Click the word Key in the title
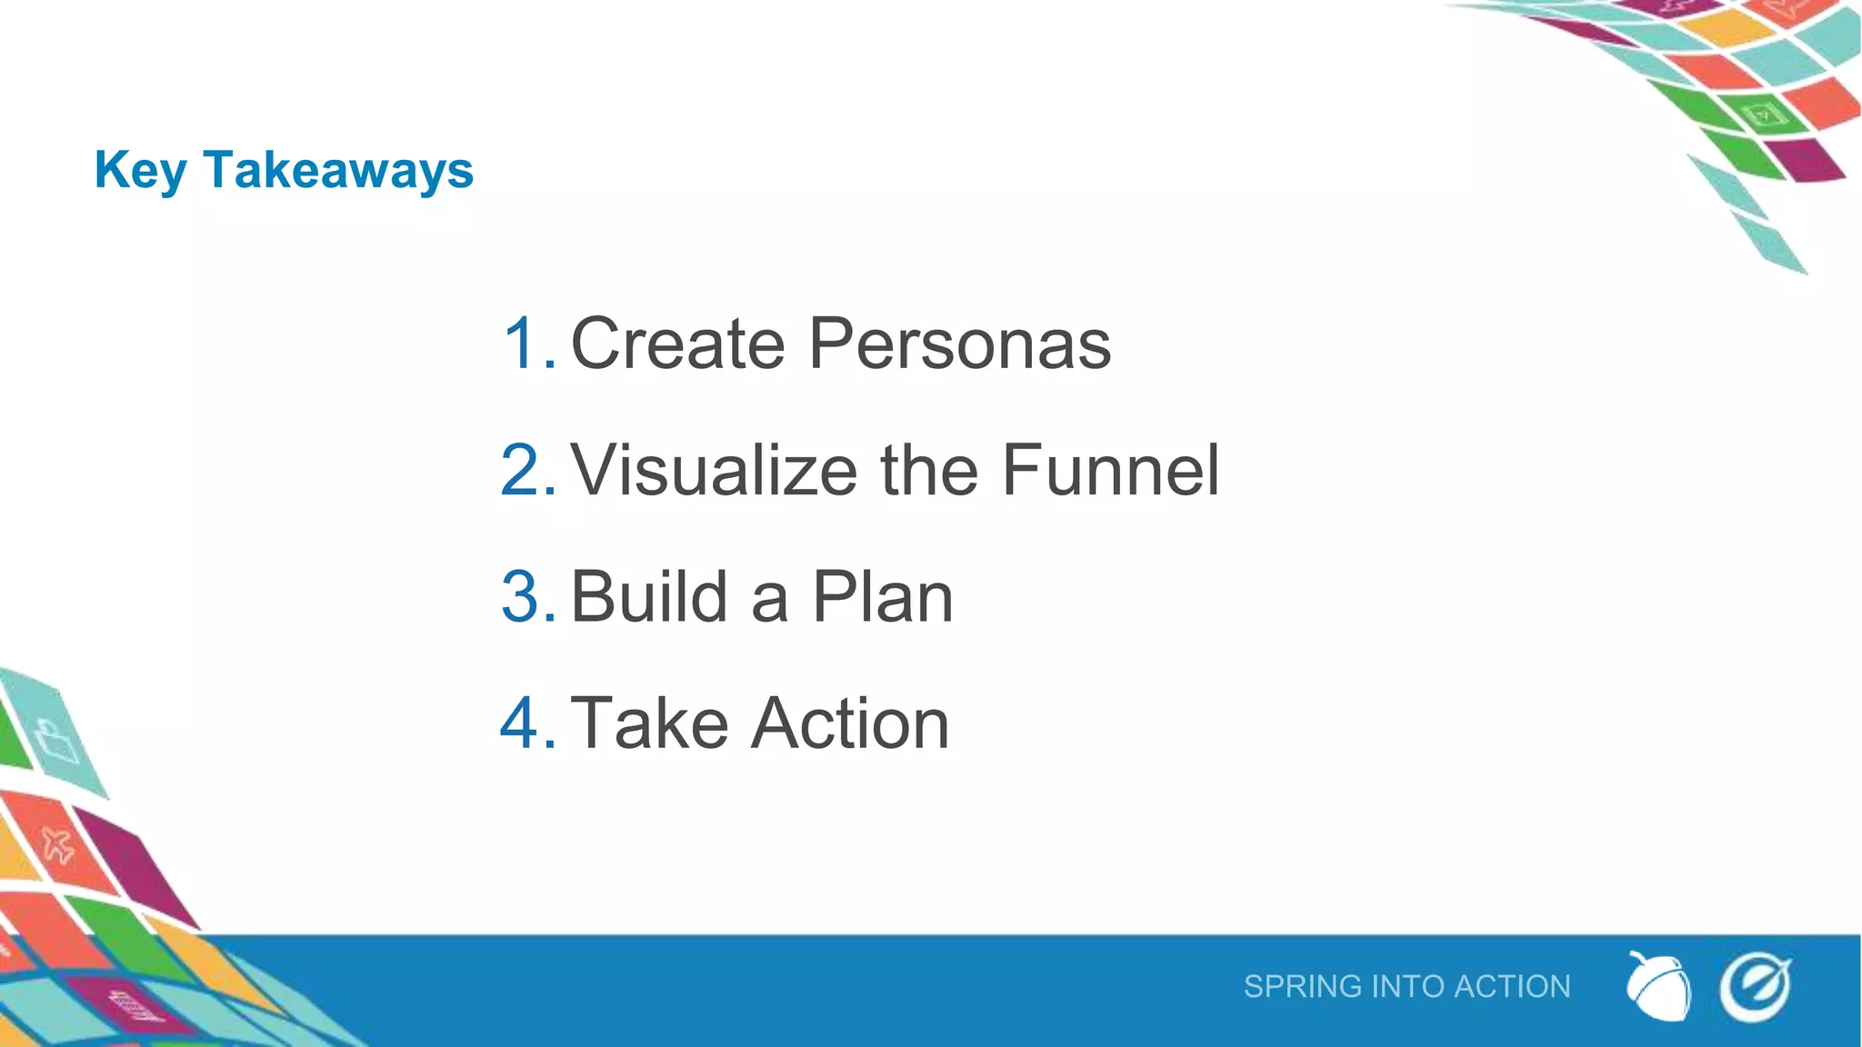click(x=140, y=171)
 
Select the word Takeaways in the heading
click(x=338, y=171)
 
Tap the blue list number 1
click(x=527, y=344)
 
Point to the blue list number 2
click(x=527, y=470)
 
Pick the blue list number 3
click(x=527, y=596)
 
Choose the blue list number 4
click(x=527, y=723)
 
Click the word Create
click(x=677, y=344)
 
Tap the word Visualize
click(x=714, y=470)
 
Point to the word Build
click(x=649, y=596)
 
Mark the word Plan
click(x=882, y=596)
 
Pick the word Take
click(x=649, y=723)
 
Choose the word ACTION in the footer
click(x=1512, y=986)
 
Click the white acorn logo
click(x=1658, y=987)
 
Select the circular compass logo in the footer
click(x=1755, y=987)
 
